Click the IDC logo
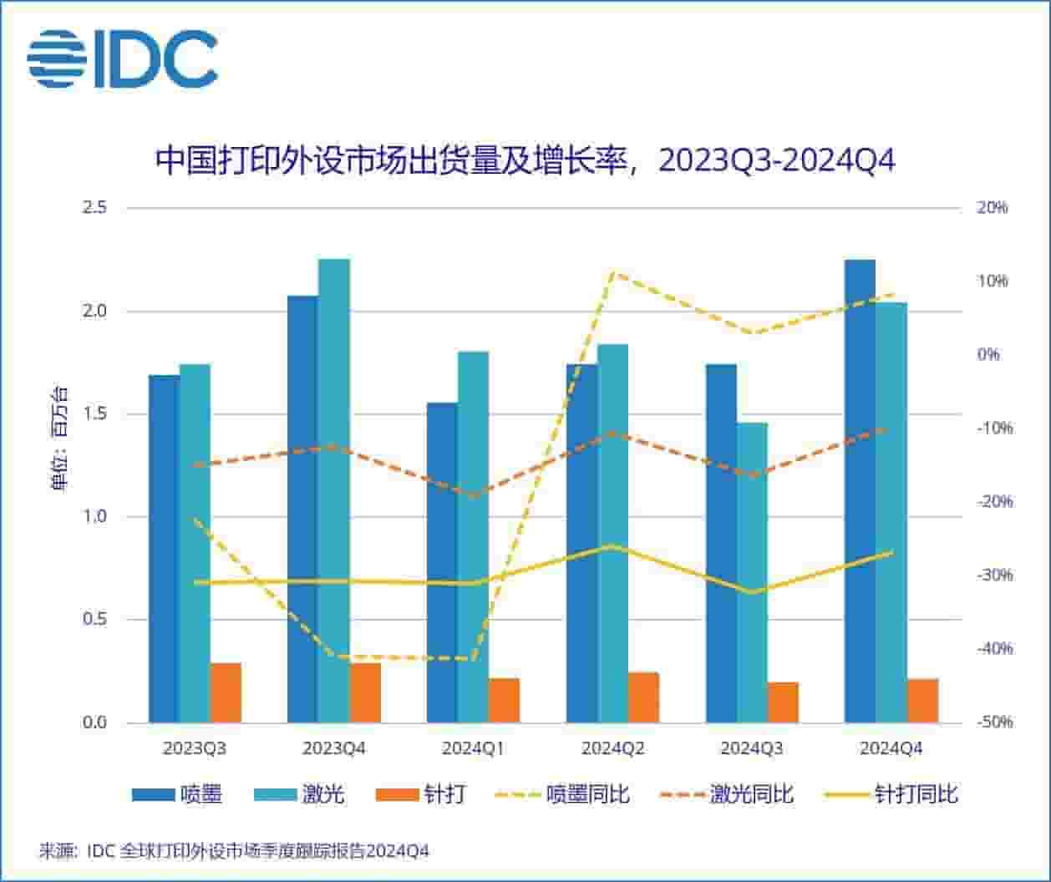pyautogui.click(x=122, y=59)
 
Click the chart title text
pyautogui.click(x=525, y=160)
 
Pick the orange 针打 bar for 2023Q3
pyautogui.click(x=226, y=692)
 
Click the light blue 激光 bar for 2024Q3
pyautogui.click(x=752, y=572)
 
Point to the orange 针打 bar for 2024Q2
pyautogui.click(x=643, y=697)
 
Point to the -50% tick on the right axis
pyautogui.click(x=993, y=722)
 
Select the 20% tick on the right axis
pyautogui.click(x=993, y=208)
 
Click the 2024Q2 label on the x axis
pyautogui.click(x=612, y=749)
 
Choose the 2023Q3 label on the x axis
pyautogui.click(x=195, y=749)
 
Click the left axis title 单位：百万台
pyautogui.click(x=60, y=438)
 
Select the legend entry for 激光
pyautogui.click(x=299, y=794)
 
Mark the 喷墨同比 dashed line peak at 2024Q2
pyautogui.click(x=612, y=272)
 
